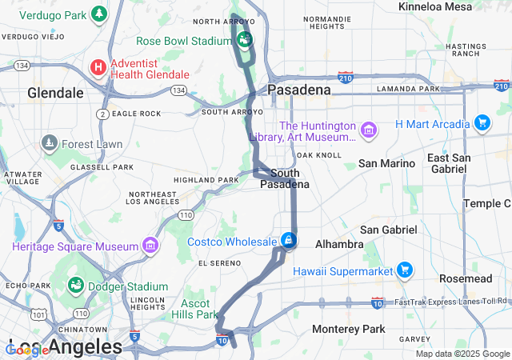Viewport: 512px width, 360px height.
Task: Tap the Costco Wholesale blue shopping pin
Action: [x=288, y=239]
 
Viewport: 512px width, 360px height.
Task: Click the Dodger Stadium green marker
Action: [x=75, y=286]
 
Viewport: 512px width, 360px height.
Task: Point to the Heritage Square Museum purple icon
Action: [x=150, y=244]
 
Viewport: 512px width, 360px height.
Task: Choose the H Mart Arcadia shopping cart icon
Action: [x=482, y=123]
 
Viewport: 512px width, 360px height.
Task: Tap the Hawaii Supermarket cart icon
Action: [x=405, y=270]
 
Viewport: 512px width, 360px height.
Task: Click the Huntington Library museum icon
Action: [x=368, y=130]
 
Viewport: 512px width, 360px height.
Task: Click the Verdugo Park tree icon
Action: [x=98, y=14]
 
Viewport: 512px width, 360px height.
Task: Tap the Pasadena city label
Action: [x=299, y=90]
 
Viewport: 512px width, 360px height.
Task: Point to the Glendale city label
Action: [x=55, y=93]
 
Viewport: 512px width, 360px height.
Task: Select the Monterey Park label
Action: [x=348, y=329]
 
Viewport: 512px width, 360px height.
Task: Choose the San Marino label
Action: [x=386, y=163]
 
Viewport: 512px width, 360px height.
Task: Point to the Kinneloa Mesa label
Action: [x=435, y=6]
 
